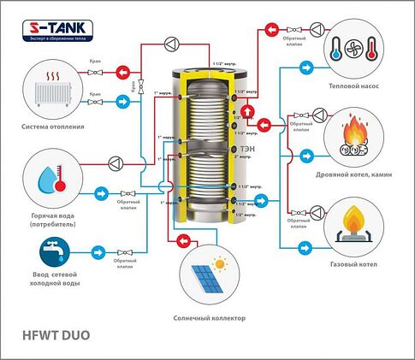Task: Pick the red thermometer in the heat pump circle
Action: [x=370, y=49]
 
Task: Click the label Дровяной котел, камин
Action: [x=356, y=173]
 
